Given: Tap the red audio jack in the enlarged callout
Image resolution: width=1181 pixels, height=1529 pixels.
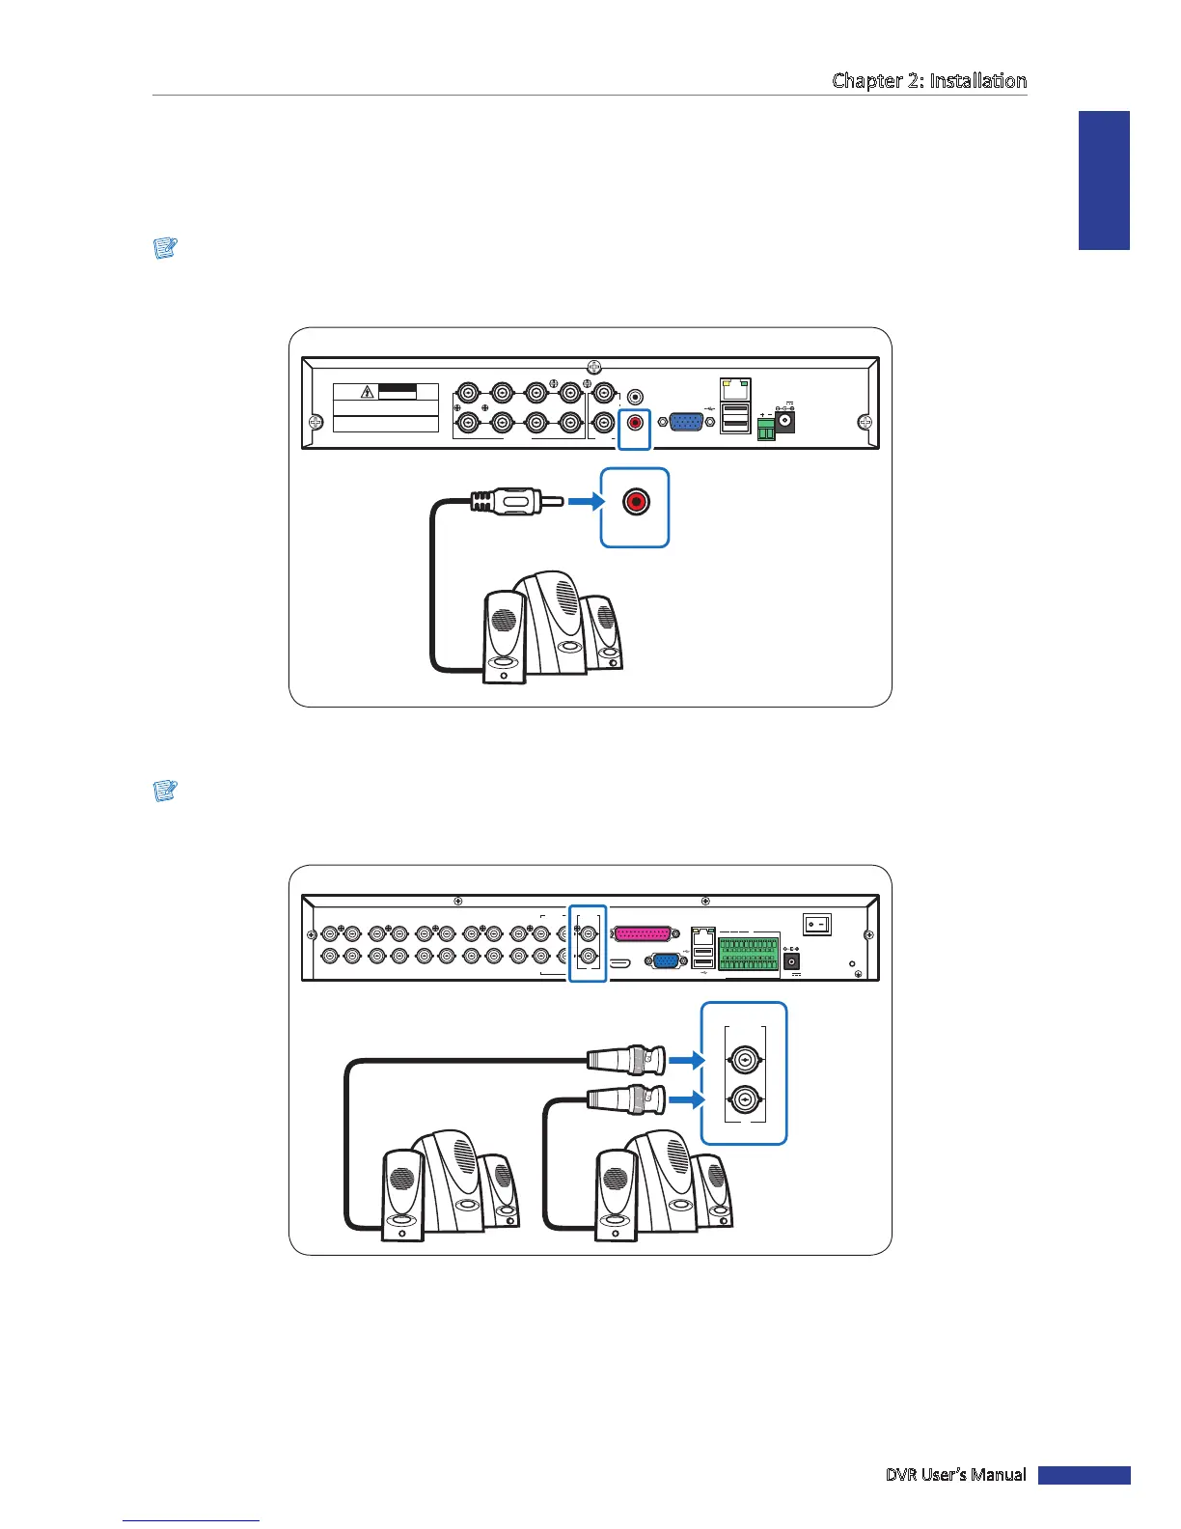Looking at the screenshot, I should pos(635,503).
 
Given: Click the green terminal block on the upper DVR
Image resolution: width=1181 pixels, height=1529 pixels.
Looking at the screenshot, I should pos(766,429).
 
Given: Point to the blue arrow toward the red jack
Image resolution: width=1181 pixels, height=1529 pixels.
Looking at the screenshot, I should pos(584,502).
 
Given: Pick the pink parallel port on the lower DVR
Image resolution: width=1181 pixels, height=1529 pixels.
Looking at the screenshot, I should pos(642,934).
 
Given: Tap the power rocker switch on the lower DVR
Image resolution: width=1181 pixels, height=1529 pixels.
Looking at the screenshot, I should pos(817,925).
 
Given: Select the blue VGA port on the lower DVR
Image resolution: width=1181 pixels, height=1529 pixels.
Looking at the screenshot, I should pos(664,961).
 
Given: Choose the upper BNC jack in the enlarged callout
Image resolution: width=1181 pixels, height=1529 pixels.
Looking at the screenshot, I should pos(744,1061).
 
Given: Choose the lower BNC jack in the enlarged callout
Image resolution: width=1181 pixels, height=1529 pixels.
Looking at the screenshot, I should pos(744,1100).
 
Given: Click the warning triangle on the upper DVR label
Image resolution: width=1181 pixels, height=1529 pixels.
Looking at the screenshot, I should pos(368,392).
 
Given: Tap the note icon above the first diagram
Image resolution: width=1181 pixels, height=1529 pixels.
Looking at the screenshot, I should pos(165,248).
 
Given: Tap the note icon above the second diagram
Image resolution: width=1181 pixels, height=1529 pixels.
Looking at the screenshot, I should pos(165,791).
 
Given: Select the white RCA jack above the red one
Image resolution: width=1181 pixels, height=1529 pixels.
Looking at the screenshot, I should pos(635,396).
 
